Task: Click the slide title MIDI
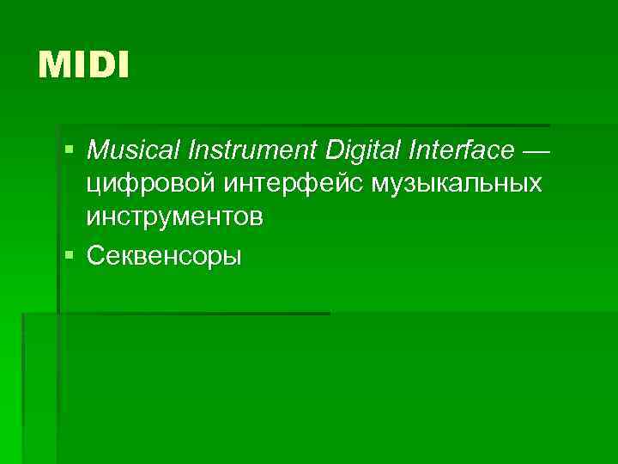pos(83,65)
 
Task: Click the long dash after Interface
pos(533,152)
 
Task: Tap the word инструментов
pos(174,217)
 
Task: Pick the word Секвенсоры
pos(164,255)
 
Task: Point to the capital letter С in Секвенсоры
pos(94,255)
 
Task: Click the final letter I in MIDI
pos(123,65)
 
